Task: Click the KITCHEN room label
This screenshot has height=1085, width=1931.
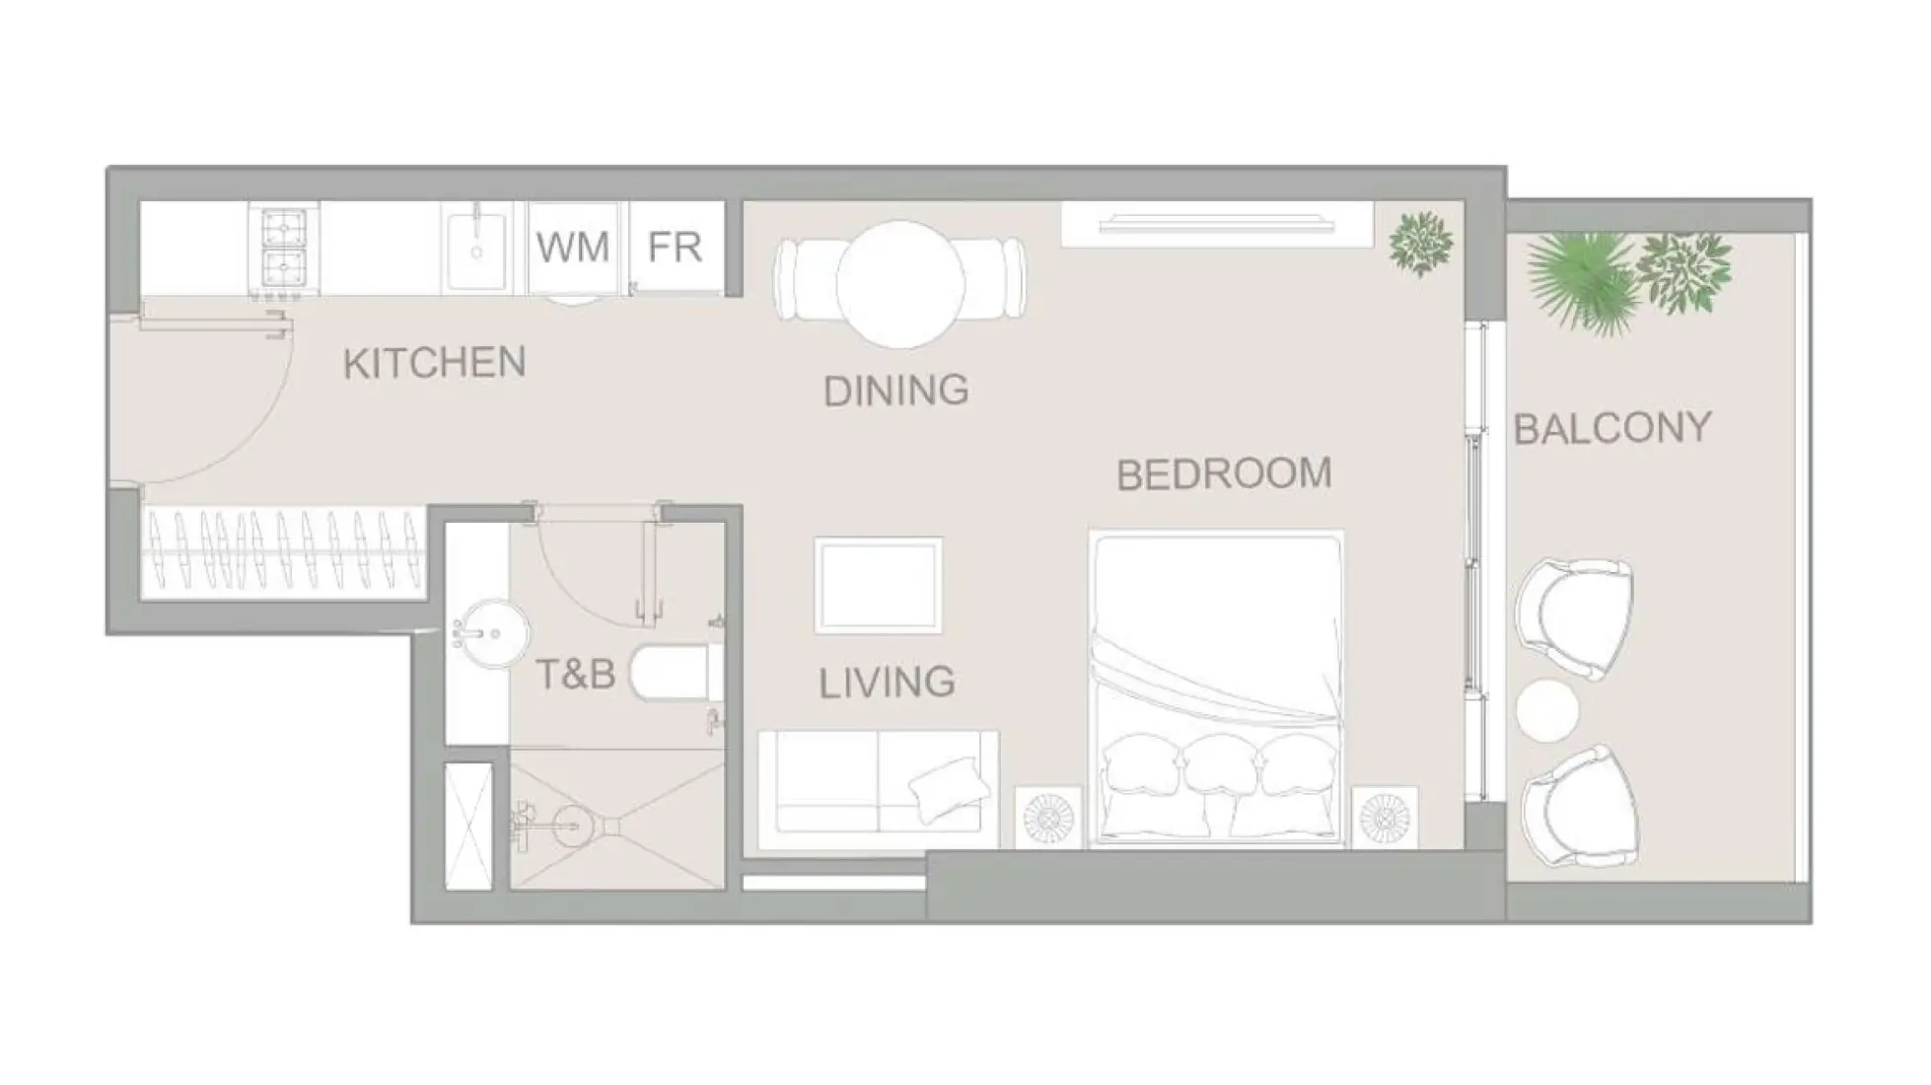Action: pos(434,363)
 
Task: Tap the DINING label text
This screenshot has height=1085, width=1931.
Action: pos(895,391)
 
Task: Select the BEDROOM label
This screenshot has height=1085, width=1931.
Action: pos(1224,474)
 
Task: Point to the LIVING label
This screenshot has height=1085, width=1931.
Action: pos(887,683)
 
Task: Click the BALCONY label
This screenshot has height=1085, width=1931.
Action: pos(1612,428)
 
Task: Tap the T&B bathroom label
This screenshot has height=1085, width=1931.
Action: pos(575,675)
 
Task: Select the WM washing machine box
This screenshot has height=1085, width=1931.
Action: pos(573,247)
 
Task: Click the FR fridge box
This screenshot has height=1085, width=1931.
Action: pos(676,247)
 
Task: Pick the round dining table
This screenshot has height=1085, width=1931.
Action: pos(900,283)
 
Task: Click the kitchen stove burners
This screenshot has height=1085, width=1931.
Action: pos(284,250)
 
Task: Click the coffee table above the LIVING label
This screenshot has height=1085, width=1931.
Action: pos(878,584)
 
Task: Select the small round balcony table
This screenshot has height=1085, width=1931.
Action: pos(1547,710)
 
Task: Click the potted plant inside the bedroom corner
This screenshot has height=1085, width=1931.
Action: pos(1420,243)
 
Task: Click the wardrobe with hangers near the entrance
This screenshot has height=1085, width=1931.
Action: pos(284,552)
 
